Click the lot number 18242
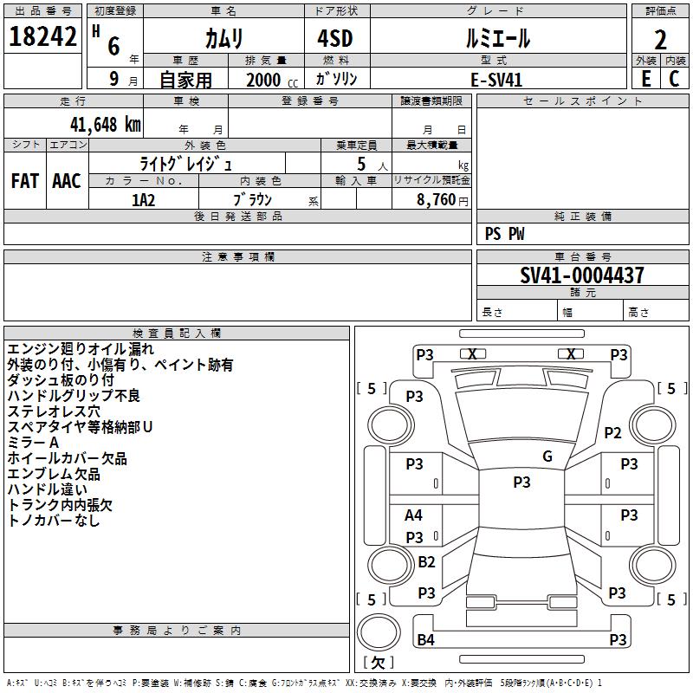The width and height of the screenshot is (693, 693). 42,36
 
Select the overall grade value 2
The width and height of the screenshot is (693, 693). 660,40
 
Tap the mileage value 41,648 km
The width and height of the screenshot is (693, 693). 106,124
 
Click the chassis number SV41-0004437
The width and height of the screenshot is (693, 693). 581,275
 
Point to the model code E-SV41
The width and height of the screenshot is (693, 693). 496,80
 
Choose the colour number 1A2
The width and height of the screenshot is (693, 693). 143,200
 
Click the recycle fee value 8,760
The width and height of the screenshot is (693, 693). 436,200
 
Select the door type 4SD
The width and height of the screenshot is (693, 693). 335,38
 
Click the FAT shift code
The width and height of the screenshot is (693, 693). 25,181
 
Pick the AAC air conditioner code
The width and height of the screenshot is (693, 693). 67,181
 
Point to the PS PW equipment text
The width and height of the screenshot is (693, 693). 504,234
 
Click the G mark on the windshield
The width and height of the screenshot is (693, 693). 547,457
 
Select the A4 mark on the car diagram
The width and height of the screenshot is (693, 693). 414,515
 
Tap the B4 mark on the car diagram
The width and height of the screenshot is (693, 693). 425,639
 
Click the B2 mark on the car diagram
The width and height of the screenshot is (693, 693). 426,561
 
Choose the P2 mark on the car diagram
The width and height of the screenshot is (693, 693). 612,432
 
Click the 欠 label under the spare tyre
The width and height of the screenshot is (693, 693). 378,663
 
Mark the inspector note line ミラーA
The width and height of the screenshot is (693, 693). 33,443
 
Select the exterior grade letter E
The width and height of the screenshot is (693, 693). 646,79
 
